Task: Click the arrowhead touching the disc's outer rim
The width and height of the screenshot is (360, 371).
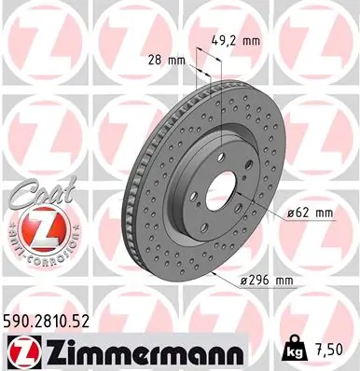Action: (x=215, y=274)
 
